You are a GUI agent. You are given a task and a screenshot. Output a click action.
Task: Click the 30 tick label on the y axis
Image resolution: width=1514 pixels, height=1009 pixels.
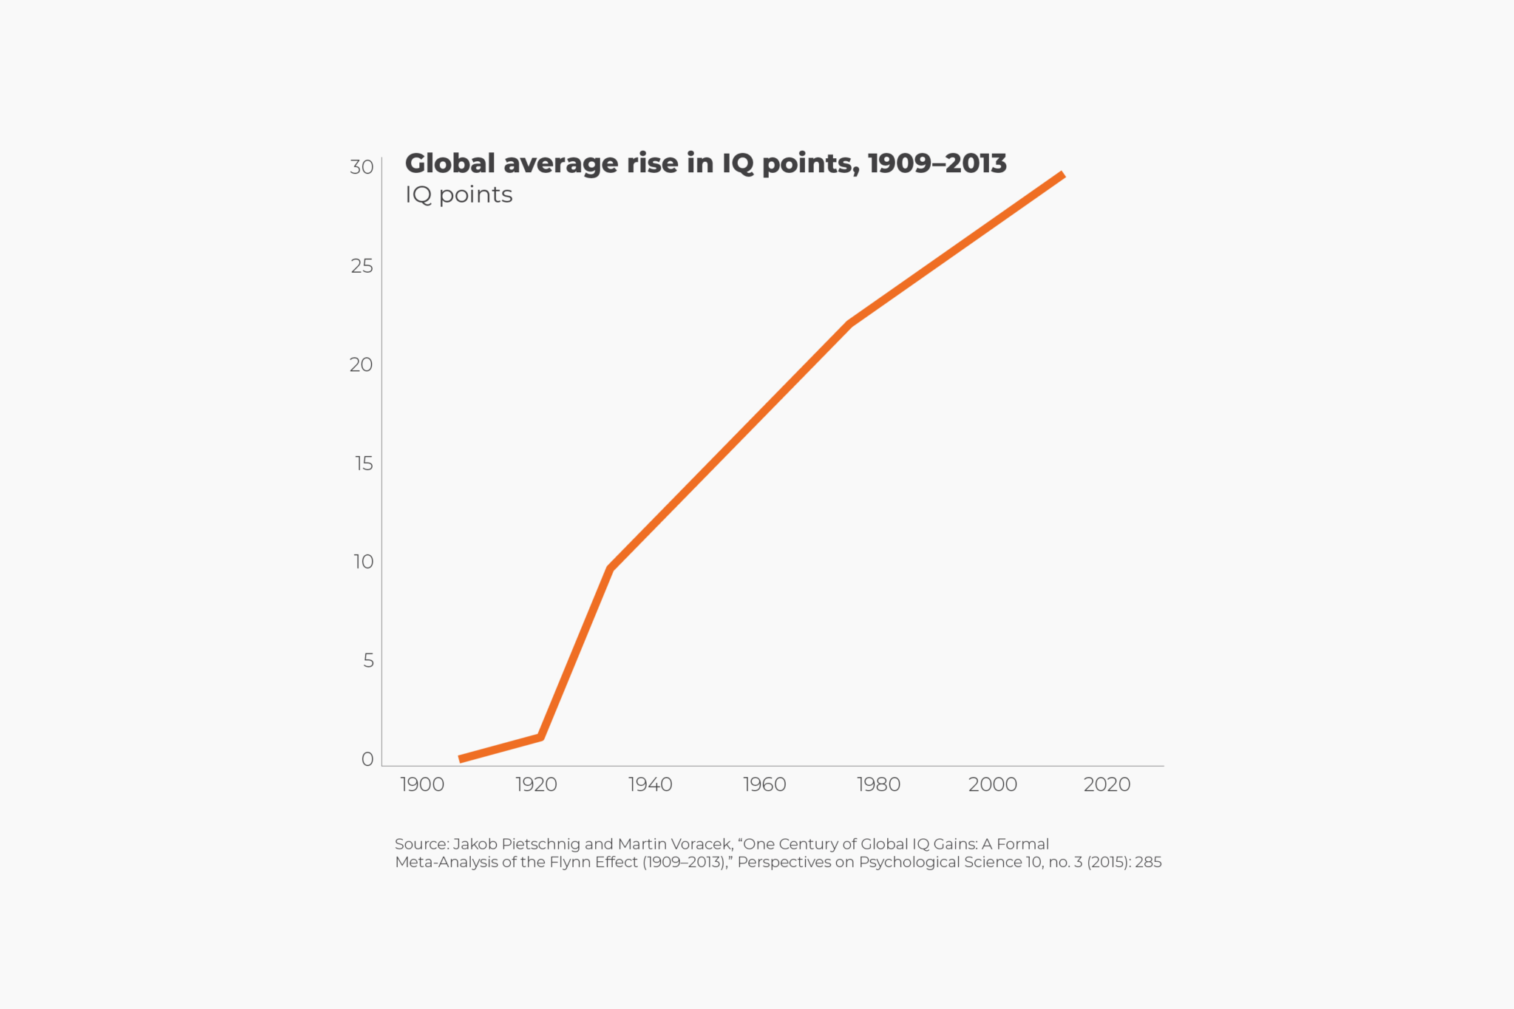coord(361,167)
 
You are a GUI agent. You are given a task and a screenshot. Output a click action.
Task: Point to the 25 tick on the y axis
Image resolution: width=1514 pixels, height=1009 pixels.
coord(361,266)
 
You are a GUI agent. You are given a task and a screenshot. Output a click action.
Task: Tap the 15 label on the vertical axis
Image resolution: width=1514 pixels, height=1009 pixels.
coord(364,463)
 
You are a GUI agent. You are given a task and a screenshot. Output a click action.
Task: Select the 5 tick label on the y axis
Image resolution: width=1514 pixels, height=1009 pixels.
coord(368,661)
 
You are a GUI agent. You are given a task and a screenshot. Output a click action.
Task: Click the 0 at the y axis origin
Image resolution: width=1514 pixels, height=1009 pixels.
coord(367,759)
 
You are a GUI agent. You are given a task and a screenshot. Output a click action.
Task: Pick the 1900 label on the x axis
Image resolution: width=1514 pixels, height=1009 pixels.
coord(422,784)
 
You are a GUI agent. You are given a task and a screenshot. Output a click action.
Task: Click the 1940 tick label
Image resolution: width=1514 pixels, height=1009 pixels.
coord(650,784)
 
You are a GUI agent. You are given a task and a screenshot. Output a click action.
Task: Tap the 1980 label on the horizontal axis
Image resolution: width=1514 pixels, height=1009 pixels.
coord(878,784)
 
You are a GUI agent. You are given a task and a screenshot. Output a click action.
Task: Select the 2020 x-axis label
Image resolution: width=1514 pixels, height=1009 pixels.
coord(1107,784)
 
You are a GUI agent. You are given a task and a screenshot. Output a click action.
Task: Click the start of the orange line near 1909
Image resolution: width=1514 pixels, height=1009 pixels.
coord(461,758)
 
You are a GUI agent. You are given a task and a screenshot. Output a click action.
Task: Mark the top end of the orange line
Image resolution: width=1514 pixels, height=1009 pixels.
coord(1062,175)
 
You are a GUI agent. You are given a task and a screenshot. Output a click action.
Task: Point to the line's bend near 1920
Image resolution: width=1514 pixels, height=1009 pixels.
coord(540,736)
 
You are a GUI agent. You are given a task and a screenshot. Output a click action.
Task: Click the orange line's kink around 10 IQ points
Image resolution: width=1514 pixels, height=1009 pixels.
coord(610,568)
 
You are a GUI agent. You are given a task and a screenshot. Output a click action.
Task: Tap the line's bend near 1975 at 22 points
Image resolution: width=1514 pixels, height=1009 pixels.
coord(850,324)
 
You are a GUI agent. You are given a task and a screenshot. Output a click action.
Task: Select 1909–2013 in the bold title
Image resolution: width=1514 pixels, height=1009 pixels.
coord(937,163)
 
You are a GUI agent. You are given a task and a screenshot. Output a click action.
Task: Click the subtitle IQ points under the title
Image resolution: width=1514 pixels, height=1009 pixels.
coord(458,194)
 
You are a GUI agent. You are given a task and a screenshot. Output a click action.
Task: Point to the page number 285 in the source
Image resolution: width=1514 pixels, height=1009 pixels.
coord(1148,862)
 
